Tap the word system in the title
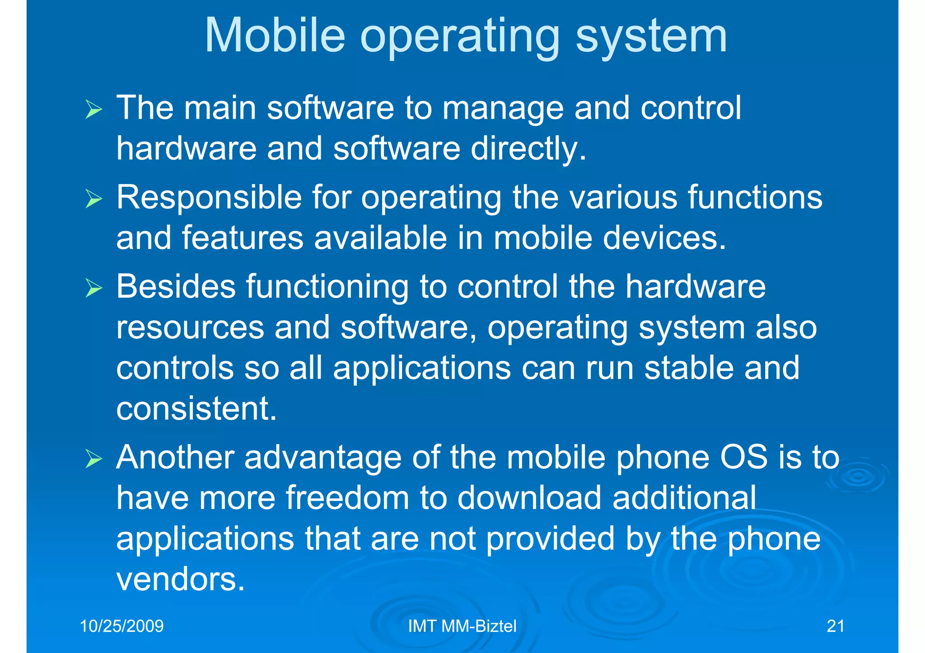pos(651,36)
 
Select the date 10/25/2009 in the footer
pos(121,626)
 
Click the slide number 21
pos(835,626)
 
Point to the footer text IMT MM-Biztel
pos(462,626)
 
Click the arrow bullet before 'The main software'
pos(94,110)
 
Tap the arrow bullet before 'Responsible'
pos(94,199)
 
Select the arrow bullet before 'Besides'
pos(94,288)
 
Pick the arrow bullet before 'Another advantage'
pos(94,459)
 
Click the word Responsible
pos(209,198)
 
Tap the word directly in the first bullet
pos(528,148)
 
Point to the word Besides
pos(176,287)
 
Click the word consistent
pos(196,408)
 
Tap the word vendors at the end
pos(180,579)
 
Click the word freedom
pos(347,498)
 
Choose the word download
pos(529,498)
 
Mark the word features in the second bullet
pos(243,238)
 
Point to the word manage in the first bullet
pos(503,109)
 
